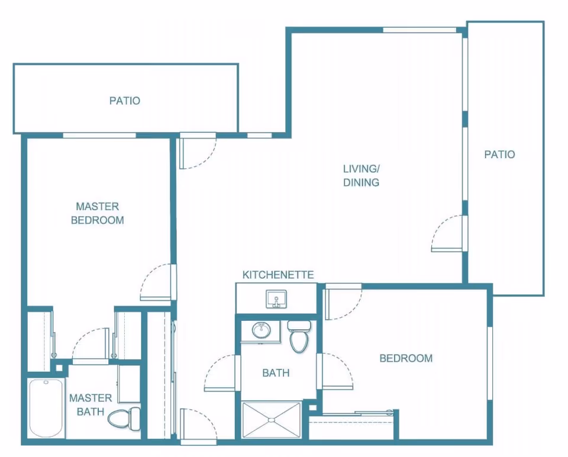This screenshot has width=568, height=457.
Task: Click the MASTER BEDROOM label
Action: pyautogui.click(x=98, y=213)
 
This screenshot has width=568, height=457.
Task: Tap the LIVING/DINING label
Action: pyautogui.click(x=361, y=175)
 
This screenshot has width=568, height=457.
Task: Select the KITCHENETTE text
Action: pyautogui.click(x=278, y=275)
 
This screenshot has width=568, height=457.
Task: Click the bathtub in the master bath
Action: pyautogui.click(x=46, y=408)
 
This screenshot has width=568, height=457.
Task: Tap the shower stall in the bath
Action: pyautogui.click(x=271, y=420)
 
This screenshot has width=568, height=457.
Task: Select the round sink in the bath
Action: pyautogui.click(x=261, y=330)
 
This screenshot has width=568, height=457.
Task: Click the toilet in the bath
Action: pyautogui.click(x=299, y=338)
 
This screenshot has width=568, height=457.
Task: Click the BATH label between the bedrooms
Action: pyautogui.click(x=276, y=373)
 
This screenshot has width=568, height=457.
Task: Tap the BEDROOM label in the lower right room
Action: pyautogui.click(x=406, y=358)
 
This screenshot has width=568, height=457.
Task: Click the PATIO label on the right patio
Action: pyautogui.click(x=499, y=155)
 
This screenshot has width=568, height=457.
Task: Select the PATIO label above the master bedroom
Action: pyautogui.click(x=125, y=101)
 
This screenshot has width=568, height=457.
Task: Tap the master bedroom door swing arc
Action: pyautogui.click(x=155, y=283)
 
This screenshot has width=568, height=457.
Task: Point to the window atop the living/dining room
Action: pyautogui.click(x=419, y=30)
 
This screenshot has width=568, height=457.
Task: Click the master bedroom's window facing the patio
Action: pyautogui.click(x=99, y=135)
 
